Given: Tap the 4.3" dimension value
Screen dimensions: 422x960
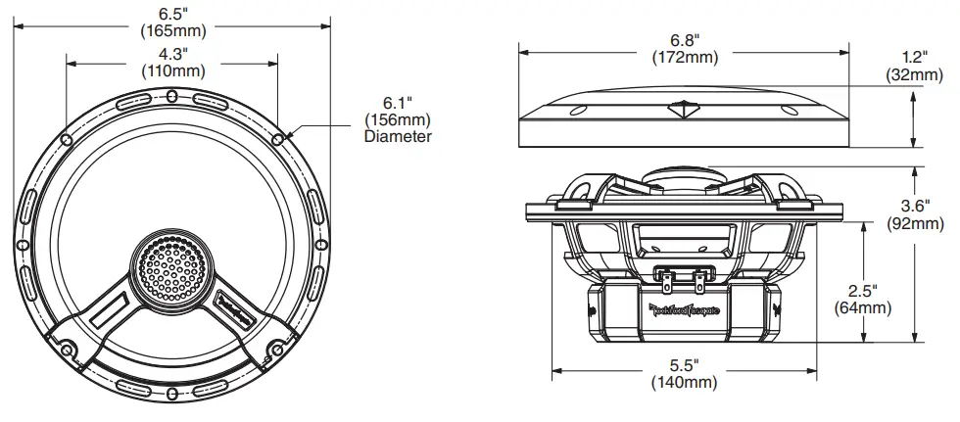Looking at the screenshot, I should pyautogui.click(x=175, y=54).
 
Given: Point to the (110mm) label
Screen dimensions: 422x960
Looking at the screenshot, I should pyautogui.click(x=175, y=71).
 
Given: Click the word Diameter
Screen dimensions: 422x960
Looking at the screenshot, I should pyautogui.click(x=397, y=137).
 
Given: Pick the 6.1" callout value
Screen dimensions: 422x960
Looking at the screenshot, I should pyautogui.click(x=397, y=102).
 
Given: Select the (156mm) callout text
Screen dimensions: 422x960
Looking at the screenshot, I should pyautogui.click(x=397, y=119).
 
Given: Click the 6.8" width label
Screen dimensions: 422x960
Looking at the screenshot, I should pyautogui.click(x=685, y=40).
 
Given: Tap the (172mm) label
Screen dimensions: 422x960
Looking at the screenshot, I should pyautogui.click(x=685, y=58).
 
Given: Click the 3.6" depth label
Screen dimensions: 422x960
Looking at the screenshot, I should pyautogui.click(x=916, y=206).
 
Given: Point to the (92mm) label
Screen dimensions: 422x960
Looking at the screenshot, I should pyautogui.click(x=916, y=223).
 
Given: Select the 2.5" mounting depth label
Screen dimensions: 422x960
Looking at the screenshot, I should pyautogui.click(x=862, y=291).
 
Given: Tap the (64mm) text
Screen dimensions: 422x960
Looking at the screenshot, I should pyautogui.click(x=862, y=308).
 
